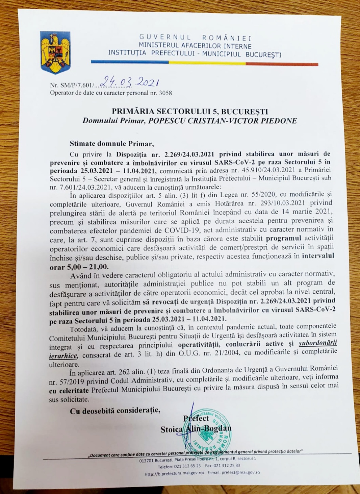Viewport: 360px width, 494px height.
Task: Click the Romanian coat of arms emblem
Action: pos(55,52)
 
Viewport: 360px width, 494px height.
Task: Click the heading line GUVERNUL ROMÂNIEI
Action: pos(195,38)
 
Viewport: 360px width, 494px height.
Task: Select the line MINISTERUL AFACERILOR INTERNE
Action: pos(195,46)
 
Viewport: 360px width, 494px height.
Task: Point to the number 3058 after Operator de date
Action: pos(165,93)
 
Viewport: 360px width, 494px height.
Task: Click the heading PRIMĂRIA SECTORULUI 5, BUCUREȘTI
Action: pos(190,111)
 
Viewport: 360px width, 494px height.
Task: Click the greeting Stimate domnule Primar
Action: pos(112,144)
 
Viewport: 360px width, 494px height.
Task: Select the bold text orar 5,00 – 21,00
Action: pos(79,267)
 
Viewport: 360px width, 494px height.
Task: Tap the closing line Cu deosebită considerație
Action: pos(115,411)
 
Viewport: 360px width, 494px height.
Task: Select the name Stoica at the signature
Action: pos(172,429)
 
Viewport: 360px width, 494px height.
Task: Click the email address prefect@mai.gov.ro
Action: pos(241,473)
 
